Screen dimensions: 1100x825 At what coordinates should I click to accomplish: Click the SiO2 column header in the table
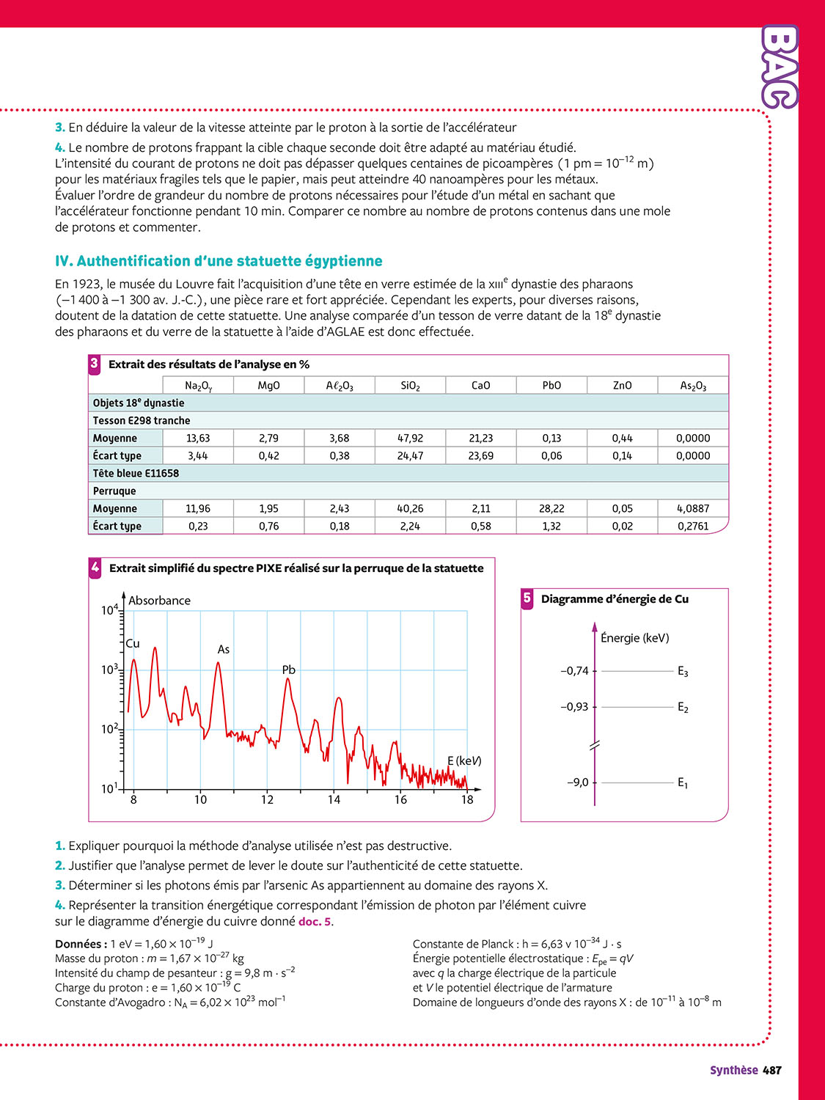[x=410, y=386]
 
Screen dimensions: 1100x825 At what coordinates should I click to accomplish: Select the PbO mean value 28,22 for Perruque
[x=551, y=508]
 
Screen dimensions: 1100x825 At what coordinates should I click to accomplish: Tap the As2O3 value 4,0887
[x=693, y=508]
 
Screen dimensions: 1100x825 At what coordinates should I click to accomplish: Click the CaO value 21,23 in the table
[x=481, y=438]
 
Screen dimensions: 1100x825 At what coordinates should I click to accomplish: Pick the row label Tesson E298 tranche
[x=142, y=420]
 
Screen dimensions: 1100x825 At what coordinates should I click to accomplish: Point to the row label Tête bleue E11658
[x=136, y=473]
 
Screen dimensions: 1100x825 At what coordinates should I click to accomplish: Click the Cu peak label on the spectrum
[x=133, y=643]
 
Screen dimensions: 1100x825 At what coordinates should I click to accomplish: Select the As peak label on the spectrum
[x=224, y=649]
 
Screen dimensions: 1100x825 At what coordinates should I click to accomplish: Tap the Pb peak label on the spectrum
[x=289, y=670]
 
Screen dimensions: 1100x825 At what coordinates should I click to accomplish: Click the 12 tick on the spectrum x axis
[x=267, y=799]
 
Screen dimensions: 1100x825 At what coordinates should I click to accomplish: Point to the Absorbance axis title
[x=159, y=600]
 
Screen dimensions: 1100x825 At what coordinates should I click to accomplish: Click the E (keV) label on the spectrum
[x=464, y=760]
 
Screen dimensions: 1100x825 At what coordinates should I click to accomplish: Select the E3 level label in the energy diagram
[x=683, y=671]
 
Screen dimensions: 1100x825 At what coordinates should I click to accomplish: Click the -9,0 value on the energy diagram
[x=578, y=782]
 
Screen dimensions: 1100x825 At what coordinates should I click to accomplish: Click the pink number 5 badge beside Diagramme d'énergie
[x=527, y=598]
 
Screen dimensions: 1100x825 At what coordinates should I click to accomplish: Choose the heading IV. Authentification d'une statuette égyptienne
[x=219, y=261]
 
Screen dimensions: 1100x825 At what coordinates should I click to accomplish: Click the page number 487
[x=772, y=1070]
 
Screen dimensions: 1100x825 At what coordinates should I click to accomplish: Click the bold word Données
[x=81, y=944]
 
